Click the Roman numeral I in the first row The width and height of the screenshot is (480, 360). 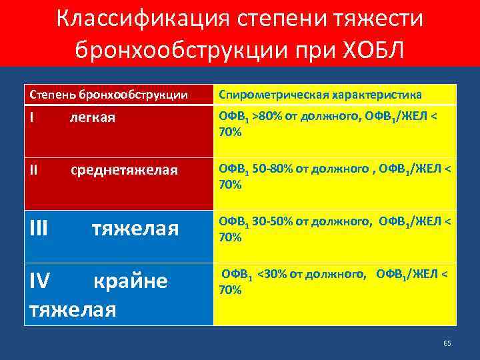(33, 118)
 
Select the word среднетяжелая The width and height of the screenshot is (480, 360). (125, 170)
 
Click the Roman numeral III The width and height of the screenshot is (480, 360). (39, 229)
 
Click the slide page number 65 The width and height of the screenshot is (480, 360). (447, 343)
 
